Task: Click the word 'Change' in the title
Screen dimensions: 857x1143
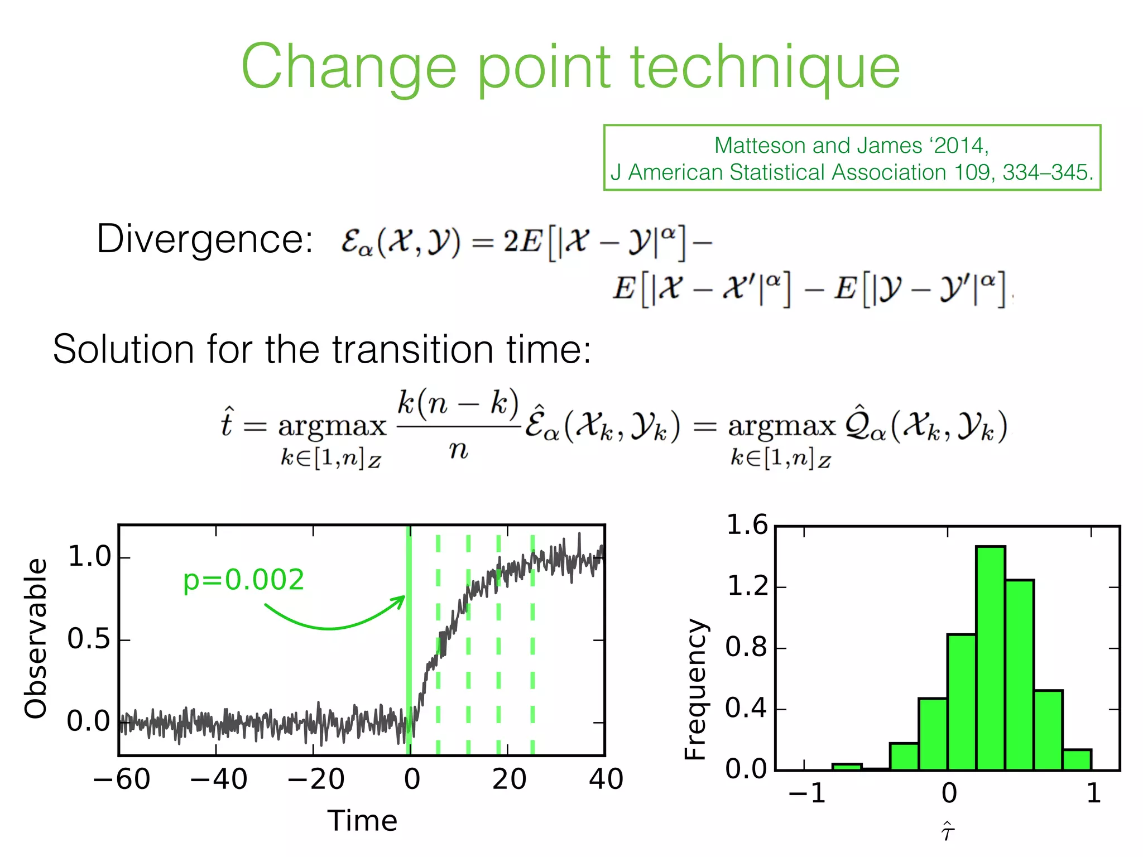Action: pyautogui.click(x=349, y=68)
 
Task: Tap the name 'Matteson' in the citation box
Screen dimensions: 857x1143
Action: pyautogui.click(x=761, y=146)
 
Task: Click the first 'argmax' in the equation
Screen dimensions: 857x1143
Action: pyautogui.click(x=332, y=427)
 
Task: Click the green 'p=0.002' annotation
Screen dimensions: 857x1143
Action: pyautogui.click(x=244, y=580)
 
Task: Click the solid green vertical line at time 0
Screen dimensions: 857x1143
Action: pyautogui.click(x=409, y=642)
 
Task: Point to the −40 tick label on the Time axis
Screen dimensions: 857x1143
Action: pyautogui.click(x=219, y=779)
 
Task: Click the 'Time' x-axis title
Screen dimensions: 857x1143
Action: pyautogui.click(x=362, y=821)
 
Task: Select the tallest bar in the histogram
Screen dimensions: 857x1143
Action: pyautogui.click(x=991, y=658)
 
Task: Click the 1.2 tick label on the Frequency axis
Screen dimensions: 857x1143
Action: pyautogui.click(x=748, y=587)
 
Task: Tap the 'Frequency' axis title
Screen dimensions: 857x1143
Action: pyautogui.click(x=695, y=689)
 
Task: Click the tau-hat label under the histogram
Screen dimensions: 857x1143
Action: pyautogui.click(x=947, y=831)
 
